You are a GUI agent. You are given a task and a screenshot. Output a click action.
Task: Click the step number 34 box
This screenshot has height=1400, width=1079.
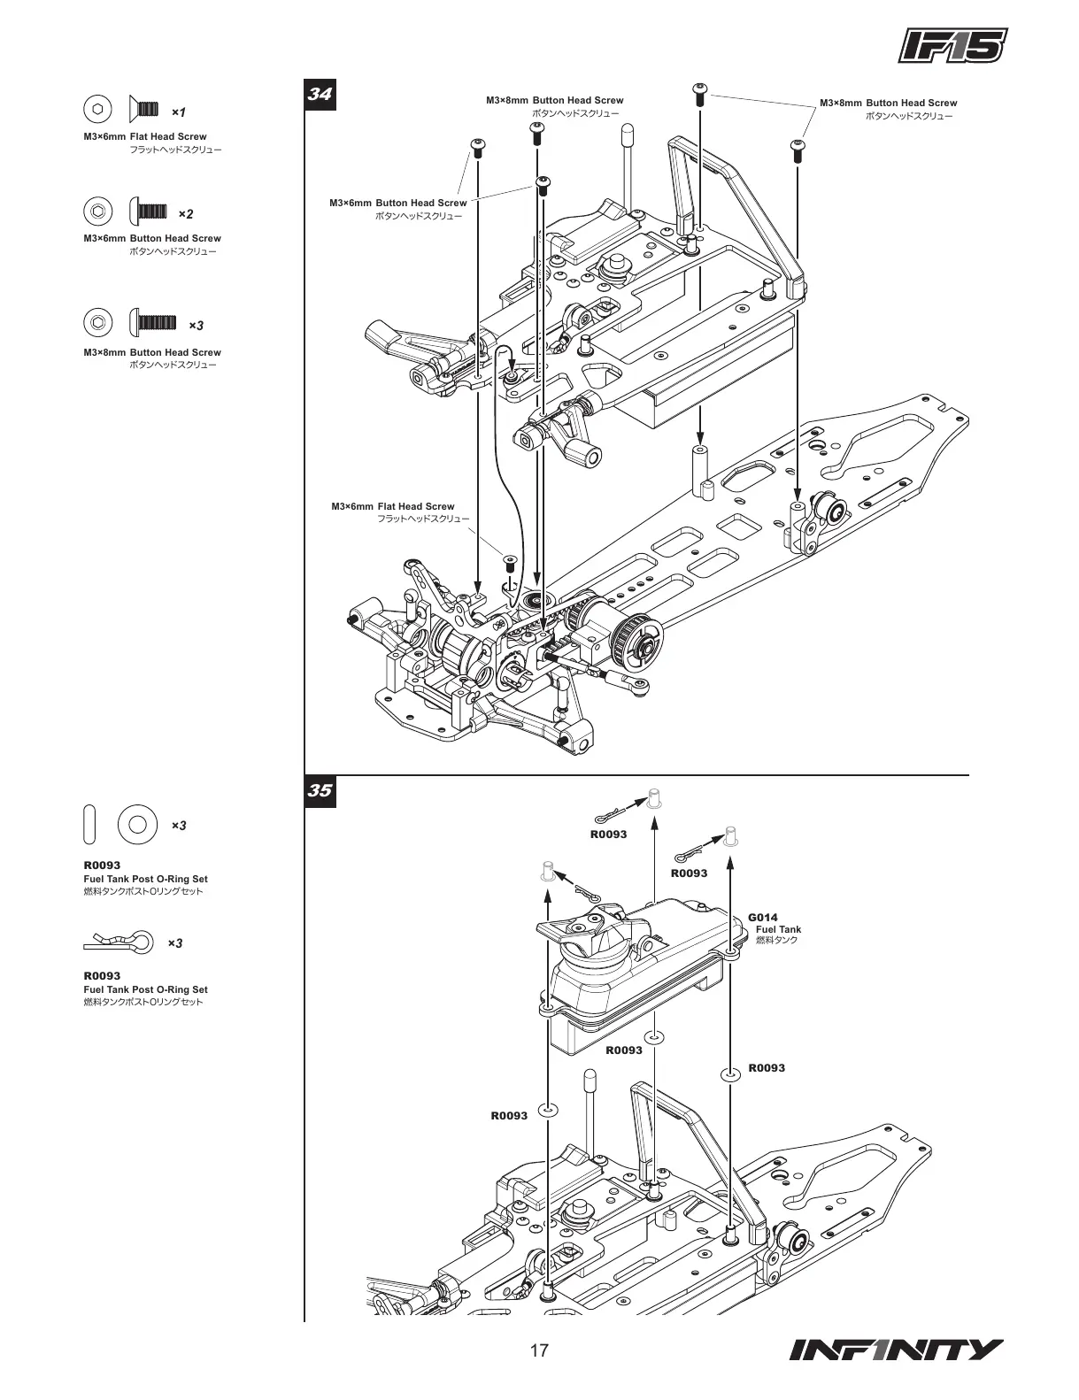click(320, 94)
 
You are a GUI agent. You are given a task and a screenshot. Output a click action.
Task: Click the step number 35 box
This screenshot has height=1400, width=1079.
click(320, 790)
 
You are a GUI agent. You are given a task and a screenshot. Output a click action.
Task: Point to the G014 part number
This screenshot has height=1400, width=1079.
click(762, 917)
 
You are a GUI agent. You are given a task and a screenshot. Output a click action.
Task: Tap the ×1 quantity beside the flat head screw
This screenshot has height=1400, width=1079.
click(178, 112)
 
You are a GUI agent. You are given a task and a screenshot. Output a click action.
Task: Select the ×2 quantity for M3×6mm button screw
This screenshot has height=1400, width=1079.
click(184, 214)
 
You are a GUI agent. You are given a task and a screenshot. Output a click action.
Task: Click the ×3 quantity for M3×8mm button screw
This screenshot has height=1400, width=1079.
click(196, 326)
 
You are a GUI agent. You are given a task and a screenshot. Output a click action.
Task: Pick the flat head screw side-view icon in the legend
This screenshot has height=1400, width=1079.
click(144, 109)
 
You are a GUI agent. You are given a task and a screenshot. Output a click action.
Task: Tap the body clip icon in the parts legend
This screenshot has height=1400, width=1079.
click(124, 941)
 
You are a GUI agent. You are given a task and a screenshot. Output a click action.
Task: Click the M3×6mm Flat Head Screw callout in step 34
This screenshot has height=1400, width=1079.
click(393, 506)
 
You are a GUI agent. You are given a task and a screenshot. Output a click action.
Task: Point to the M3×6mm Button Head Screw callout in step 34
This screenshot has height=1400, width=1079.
click(397, 203)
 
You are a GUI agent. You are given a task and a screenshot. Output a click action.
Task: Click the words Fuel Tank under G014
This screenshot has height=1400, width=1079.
click(778, 929)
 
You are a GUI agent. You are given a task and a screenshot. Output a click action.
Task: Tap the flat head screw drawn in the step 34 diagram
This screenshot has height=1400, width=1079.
click(510, 562)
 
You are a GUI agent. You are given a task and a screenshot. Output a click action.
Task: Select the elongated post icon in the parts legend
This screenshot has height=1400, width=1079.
click(89, 825)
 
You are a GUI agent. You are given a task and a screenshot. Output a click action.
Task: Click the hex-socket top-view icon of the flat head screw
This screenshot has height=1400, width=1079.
click(96, 109)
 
